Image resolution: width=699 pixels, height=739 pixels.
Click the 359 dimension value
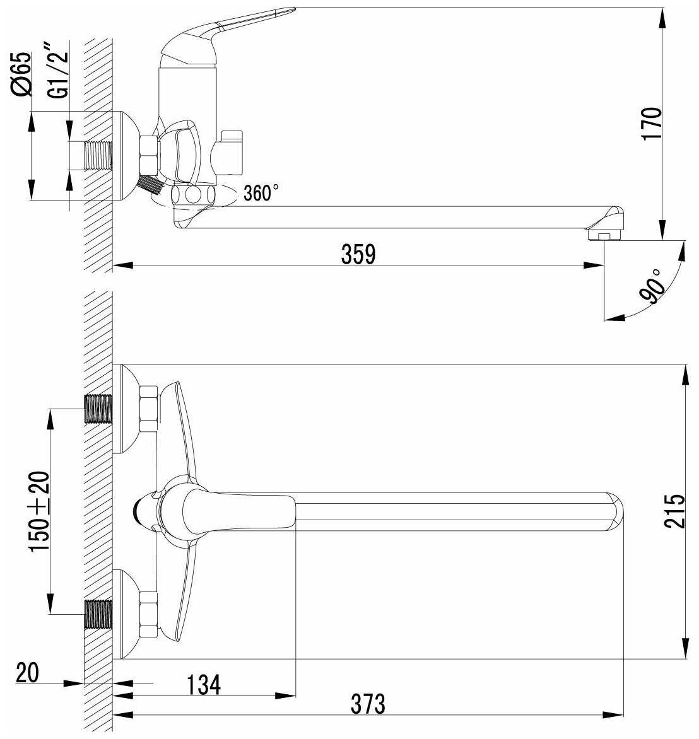click(358, 254)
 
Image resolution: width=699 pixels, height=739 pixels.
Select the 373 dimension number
click(368, 704)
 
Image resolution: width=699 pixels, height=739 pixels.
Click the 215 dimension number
click(674, 511)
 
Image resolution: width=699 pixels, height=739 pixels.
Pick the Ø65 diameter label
click(21, 74)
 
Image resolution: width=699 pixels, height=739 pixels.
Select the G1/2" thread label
click(58, 70)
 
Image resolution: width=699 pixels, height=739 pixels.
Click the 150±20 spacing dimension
click(39, 511)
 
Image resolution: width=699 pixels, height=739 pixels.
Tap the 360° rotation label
click(261, 193)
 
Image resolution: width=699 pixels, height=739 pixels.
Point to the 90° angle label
click(652, 285)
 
